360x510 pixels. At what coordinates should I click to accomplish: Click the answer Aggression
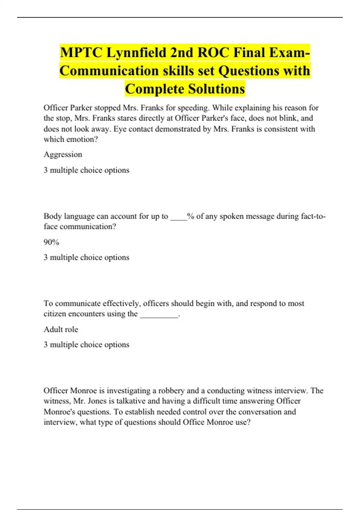tap(63, 154)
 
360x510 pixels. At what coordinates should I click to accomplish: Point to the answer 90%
tap(51, 242)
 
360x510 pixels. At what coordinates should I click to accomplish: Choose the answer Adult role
tap(61, 329)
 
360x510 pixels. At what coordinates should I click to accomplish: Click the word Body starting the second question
tap(53, 216)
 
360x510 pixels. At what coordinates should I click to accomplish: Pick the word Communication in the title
tap(109, 71)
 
